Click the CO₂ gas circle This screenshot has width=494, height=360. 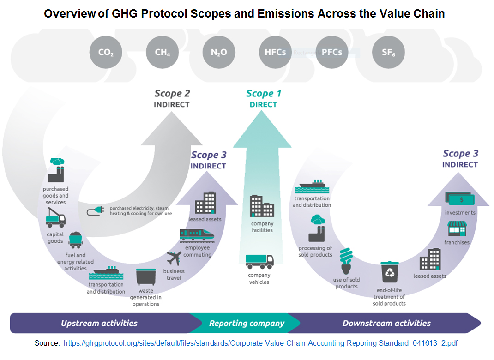[x=106, y=52]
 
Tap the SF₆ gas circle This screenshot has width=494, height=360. [x=388, y=52]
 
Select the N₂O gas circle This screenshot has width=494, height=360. [x=219, y=52]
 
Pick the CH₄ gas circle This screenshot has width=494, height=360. [x=162, y=52]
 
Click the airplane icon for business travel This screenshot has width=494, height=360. [x=174, y=258]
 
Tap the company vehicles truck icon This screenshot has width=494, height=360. [x=259, y=261]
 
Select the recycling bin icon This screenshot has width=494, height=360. [x=389, y=272]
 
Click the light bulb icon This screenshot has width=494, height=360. [x=346, y=261]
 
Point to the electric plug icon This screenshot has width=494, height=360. [x=96, y=211]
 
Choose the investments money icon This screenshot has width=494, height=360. [x=460, y=199]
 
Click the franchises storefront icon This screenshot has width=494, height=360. [x=457, y=228]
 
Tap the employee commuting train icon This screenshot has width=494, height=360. [x=197, y=235]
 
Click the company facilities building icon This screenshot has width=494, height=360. [x=262, y=206]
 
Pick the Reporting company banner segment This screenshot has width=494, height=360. [x=246, y=323]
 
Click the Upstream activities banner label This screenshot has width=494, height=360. [x=99, y=323]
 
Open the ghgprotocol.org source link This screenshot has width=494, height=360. [x=260, y=343]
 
